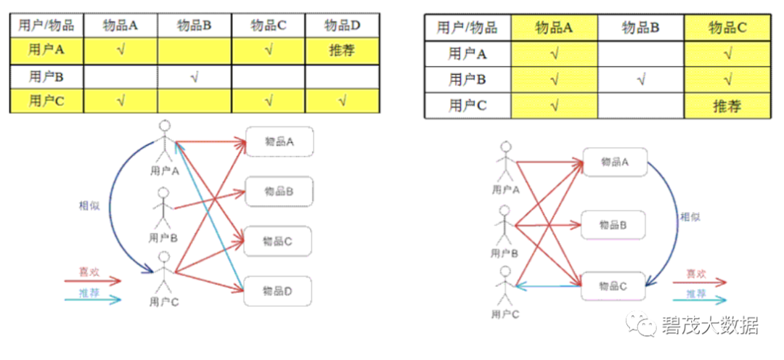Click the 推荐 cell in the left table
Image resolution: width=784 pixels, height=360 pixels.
click(x=342, y=50)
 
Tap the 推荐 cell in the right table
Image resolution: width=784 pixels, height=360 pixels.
click(x=727, y=106)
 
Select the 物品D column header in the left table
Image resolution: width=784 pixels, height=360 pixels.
click(x=342, y=25)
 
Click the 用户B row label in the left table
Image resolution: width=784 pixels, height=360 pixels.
click(x=46, y=75)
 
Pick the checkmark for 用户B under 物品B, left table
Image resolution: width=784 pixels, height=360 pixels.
click(x=195, y=75)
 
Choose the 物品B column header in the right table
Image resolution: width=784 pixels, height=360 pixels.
click(x=640, y=28)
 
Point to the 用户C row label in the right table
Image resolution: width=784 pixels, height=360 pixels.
click(x=467, y=106)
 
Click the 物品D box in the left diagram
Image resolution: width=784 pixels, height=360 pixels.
click(x=277, y=291)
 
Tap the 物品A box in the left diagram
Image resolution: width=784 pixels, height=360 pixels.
click(x=279, y=142)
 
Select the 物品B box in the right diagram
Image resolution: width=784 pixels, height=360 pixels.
click(x=613, y=225)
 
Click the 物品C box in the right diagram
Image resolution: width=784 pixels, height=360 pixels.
click(x=613, y=286)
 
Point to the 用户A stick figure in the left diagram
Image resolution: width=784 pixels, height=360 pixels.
click(x=165, y=142)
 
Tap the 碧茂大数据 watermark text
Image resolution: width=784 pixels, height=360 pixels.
click(x=710, y=325)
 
